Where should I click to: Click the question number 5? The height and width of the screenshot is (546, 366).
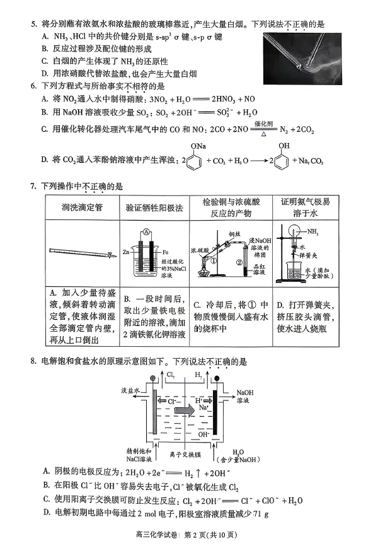pyautogui.click(x=32, y=25)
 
